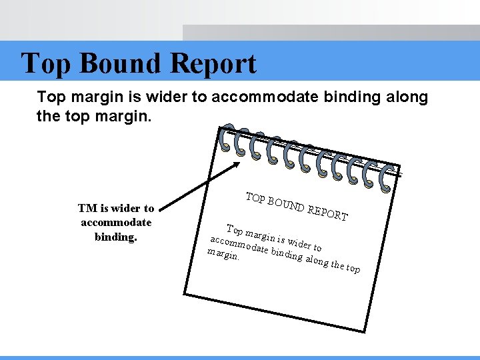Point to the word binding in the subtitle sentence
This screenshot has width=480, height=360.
pyautogui.click(x=350, y=97)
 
